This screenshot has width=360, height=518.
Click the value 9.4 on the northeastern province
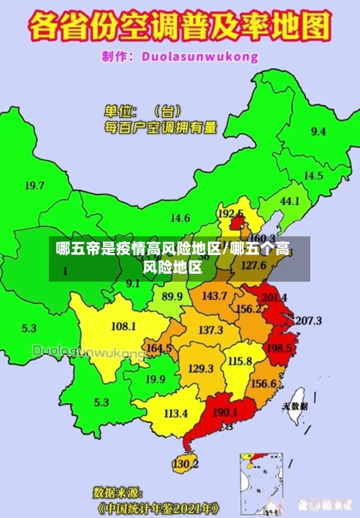(318, 132)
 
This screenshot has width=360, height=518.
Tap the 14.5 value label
(313, 176)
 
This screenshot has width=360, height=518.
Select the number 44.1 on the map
(289, 202)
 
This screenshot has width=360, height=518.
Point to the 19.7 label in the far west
(35, 186)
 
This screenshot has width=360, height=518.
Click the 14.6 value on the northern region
(180, 218)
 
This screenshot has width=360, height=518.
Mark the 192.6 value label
(230, 214)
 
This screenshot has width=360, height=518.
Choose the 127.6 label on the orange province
(253, 265)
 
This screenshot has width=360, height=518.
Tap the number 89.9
(172, 296)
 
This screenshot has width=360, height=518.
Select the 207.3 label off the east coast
(309, 321)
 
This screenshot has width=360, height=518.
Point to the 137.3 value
(210, 330)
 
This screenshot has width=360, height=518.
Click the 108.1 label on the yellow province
(123, 326)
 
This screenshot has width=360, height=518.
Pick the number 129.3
(201, 368)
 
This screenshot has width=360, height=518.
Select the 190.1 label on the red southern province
(225, 412)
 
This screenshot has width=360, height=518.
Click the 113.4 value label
(176, 414)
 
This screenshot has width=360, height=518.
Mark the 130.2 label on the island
(185, 464)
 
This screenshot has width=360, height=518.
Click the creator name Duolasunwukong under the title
(199, 55)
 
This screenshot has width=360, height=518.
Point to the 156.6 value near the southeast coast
(264, 383)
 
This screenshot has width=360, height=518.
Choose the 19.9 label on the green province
(156, 379)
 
